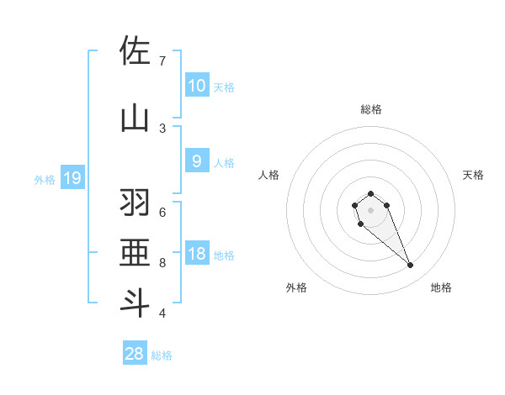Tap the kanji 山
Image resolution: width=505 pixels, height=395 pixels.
[135, 117]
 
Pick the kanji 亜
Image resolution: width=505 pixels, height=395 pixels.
[135, 253]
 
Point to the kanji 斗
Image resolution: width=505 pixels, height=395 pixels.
[135, 302]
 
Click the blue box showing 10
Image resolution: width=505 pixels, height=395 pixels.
[196, 86]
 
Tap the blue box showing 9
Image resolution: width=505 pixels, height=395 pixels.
[196, 162]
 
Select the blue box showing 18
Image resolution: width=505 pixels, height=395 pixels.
[196, 255]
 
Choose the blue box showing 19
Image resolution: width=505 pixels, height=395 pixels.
[72, 178]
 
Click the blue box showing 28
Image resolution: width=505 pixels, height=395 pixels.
[135, 354]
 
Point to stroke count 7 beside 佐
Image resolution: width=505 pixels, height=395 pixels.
[162, 61]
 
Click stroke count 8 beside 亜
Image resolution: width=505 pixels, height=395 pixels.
[162, 263]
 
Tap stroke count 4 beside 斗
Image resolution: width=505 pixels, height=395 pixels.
[162, 313]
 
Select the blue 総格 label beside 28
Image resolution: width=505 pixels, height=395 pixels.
[162, 355]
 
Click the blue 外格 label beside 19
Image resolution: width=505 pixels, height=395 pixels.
[44, 179]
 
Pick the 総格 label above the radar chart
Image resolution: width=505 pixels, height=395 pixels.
[370, 109]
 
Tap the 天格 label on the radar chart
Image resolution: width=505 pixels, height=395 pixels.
[473, 175]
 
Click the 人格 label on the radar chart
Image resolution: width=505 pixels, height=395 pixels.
[268, 175]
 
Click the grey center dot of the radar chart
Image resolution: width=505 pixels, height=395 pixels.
[370, 210]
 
